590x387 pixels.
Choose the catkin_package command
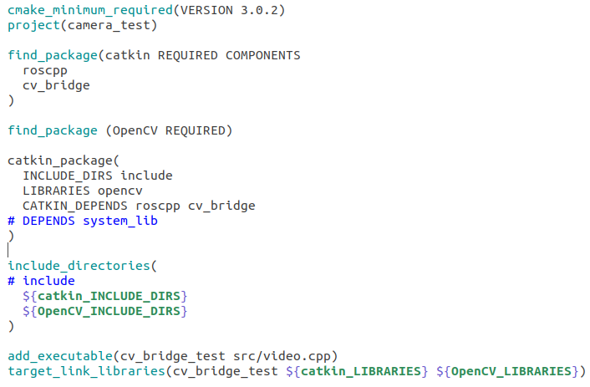click(61, 160)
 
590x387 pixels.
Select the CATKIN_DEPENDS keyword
click(76, 206)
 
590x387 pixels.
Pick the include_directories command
click(79, 266)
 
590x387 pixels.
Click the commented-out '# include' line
click(42, 281)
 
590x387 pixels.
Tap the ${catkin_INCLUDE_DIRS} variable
click(105, 296)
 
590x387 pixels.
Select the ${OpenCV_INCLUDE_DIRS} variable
click(105, 311)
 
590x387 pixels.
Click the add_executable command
click(58, 356)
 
